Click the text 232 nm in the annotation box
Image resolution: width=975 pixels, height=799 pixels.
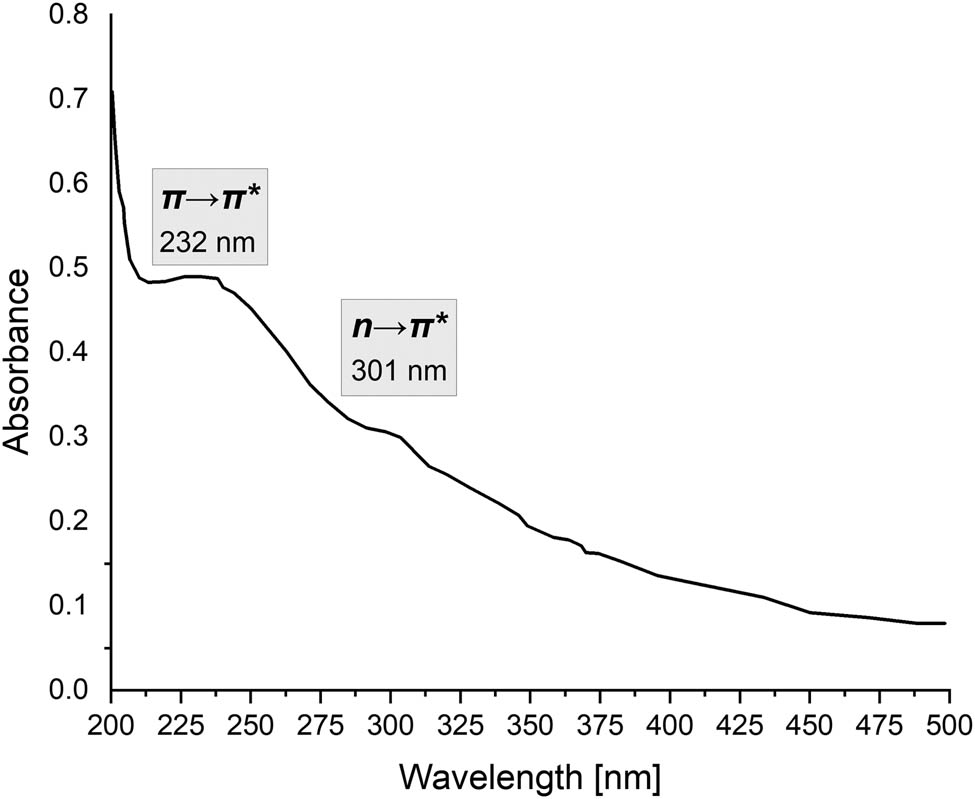204,242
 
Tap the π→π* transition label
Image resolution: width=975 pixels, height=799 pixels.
212,198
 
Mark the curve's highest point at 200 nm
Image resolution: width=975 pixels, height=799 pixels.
111,92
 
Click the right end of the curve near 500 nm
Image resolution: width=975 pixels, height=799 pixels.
945,623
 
